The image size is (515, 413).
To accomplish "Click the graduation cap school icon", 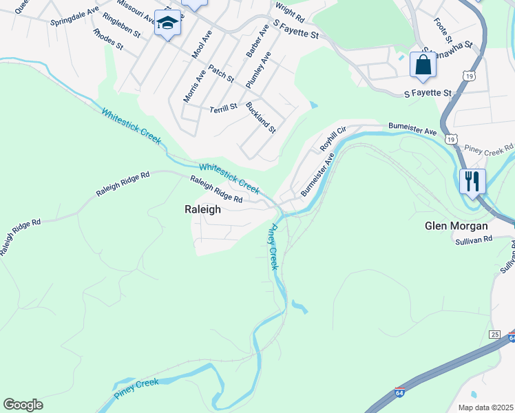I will pos(167,23).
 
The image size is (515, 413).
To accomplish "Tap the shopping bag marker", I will pos(423,65).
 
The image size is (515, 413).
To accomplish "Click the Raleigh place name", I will pos(202,210).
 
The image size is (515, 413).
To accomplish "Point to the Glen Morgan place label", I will pos(456,226).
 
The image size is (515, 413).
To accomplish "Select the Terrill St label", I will pos(223,107).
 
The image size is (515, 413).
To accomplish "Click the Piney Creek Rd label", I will pos(489,148).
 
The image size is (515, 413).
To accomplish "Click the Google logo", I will pos(23,405).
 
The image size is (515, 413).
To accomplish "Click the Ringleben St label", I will pos(120,24).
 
